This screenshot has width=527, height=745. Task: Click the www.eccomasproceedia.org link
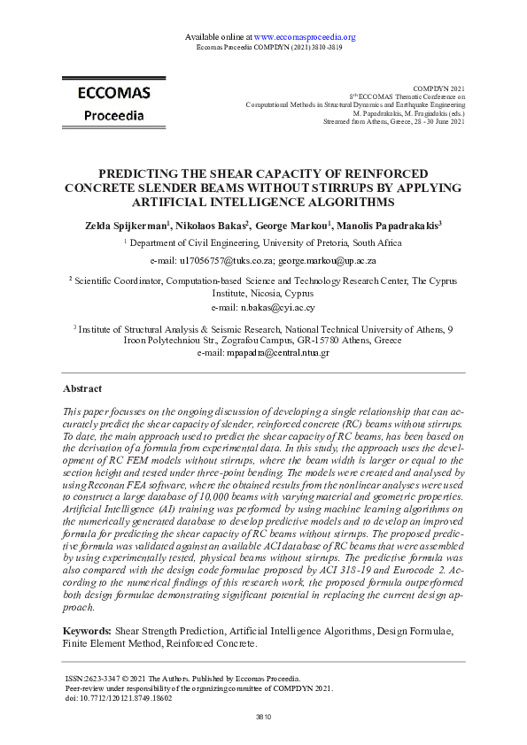304,36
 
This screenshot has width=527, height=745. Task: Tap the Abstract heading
82,388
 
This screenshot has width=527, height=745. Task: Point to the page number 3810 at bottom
263,716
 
